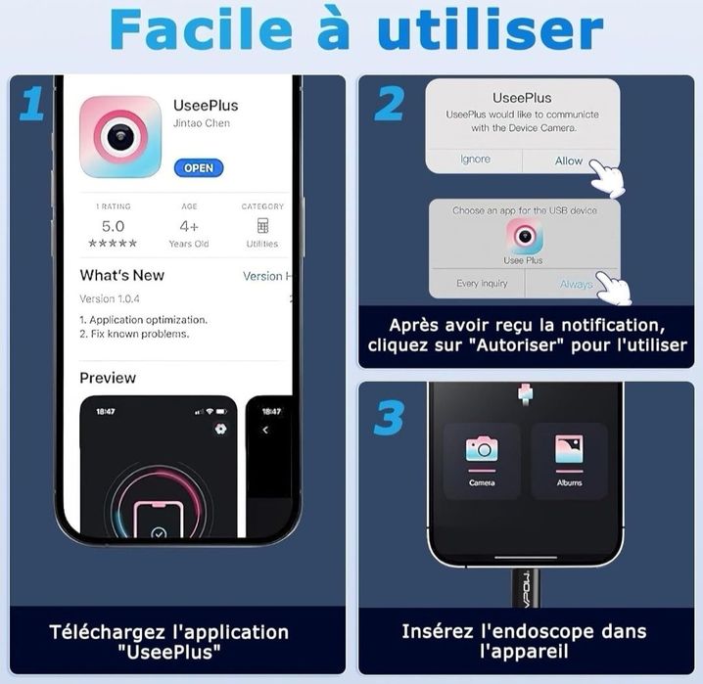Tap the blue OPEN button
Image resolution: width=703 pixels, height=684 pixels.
pos(199,167)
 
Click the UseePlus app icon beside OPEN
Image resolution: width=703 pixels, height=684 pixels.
pos(120,136)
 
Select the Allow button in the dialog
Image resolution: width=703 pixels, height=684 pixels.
pos(569,160)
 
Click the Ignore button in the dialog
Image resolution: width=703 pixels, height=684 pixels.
pos(475,160)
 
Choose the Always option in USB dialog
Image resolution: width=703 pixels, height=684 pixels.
pos(577,284)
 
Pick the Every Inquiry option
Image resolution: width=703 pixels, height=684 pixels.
pos(481,284)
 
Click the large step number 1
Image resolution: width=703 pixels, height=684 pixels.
pos(31,104)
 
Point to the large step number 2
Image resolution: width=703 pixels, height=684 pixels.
pos(389,104)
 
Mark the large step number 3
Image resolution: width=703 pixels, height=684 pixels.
pos(389,419)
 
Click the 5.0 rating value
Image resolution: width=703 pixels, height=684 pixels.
pos(113,226)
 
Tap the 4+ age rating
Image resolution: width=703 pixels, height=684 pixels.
pos(188,226)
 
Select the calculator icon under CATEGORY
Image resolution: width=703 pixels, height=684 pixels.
pos(262,226)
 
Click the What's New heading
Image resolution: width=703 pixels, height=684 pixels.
pos(121,275)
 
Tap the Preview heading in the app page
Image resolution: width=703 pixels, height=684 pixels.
pos(108,378)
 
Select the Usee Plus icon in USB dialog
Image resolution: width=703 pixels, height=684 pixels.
pos(524,236)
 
